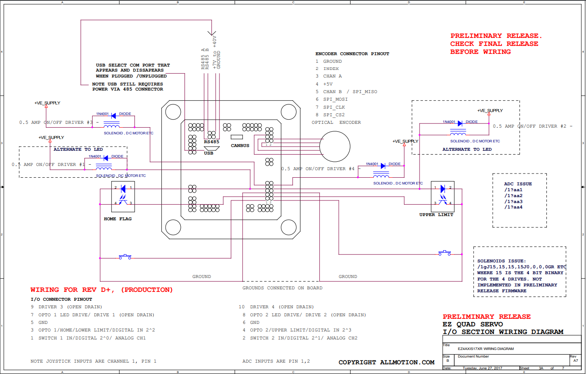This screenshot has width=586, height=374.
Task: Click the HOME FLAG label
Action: pos(118,219)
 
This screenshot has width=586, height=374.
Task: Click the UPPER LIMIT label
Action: pos(436,215)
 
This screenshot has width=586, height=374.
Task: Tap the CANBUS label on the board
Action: pos(240,146)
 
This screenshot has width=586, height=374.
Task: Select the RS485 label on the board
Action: pos(211,142)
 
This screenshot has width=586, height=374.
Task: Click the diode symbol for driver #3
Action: pos(114,116)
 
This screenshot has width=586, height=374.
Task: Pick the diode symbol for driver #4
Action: pos(383,166)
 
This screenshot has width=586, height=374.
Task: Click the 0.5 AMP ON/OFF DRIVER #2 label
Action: pos(530,126)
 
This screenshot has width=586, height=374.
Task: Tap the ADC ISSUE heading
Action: pos(518,184)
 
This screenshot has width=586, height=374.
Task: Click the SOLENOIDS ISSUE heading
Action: pos(501,261)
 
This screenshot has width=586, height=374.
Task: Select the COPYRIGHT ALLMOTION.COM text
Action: pos(386,362)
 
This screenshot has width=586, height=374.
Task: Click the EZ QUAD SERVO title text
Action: pos(473,324)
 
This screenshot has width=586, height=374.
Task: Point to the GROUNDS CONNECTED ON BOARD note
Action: pos(282,288)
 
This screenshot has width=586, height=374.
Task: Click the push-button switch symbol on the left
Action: pos(125,256)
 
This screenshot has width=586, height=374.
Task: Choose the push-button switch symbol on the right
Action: pos(444,253)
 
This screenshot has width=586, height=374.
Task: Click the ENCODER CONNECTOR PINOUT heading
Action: pos(352,54)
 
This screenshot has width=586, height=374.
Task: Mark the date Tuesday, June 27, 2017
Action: pos(482,368)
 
